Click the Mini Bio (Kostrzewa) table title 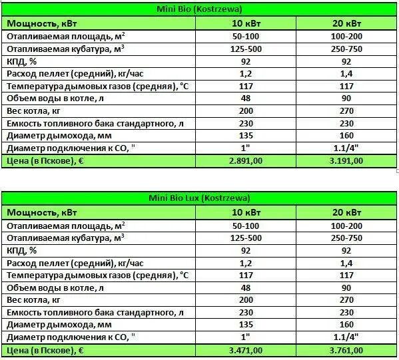click(x=200, y=9)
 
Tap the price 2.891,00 click(x=245, y=161)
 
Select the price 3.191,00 click(x=347, y=161)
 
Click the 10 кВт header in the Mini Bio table click(x=245, y=23)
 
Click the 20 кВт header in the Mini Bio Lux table click(x=347, y=212)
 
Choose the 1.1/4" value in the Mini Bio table click(x=347, y=148)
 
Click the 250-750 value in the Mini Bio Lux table click(x=347, y=238)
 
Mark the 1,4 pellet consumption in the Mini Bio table click(x=347, y=73)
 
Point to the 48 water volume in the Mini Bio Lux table click(x=245, y=287)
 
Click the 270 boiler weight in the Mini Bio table click(x=347, y=110)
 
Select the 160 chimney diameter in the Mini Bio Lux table click(x=347, y=325)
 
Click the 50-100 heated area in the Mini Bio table click(x=245, y=36)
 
